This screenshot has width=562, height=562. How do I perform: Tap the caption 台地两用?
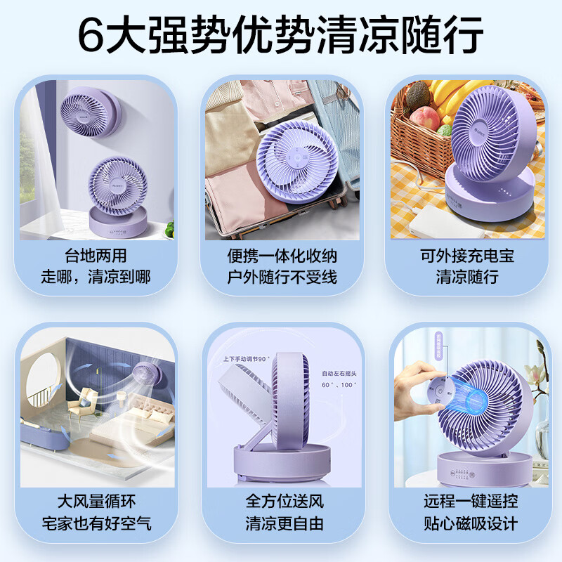[95, 255]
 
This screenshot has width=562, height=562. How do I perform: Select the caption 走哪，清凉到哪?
[95, 277]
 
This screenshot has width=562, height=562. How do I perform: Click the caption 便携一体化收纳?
[281, 255]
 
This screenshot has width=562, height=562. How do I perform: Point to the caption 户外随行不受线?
[281, 277]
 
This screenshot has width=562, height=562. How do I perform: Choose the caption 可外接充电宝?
[467, 255]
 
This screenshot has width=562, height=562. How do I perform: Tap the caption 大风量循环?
[95, 502]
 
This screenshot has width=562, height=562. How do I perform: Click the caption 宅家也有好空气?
[95, 524]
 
